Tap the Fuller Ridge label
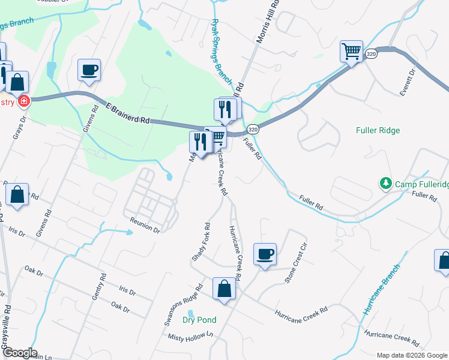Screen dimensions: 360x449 click(378, 130)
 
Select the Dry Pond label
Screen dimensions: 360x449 click(199, 320)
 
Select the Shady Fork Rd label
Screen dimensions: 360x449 click(200, 242)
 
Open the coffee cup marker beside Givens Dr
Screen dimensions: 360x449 click(89, 70)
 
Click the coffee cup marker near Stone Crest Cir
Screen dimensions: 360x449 click(265, 254)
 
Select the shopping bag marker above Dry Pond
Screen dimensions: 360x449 click(224, 289)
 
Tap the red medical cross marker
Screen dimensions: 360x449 click(24, 101)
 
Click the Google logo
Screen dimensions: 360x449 click(19, 353)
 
